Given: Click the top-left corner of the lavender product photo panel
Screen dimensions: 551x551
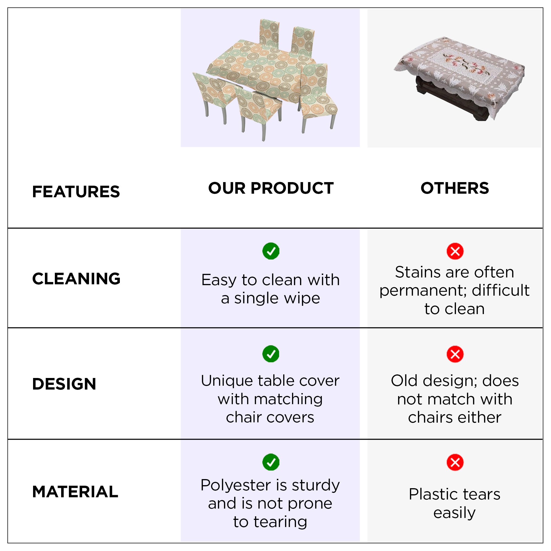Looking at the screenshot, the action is [181, 9].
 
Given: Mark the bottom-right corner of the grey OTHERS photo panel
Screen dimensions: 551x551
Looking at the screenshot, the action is [543, 147].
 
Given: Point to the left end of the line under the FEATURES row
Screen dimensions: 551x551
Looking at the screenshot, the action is [8, 228].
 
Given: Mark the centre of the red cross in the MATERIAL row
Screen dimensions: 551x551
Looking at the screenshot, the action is [455, 462].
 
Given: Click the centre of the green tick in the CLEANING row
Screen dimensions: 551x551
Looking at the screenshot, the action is [271, 251].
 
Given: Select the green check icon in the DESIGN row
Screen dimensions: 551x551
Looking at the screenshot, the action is [271, 354].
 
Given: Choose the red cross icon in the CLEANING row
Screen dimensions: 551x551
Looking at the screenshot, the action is [455, 251].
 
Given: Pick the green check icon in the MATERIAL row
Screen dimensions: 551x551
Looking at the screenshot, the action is [271, 462].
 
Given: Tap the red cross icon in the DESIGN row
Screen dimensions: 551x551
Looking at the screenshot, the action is [455, 354].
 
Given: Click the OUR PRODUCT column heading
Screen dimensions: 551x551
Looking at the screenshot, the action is [271, 188].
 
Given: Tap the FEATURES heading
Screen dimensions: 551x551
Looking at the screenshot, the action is [76, 192].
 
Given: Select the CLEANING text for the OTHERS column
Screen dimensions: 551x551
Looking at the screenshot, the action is [455, 291].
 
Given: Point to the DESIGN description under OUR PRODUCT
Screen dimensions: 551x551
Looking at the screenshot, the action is [270, 399].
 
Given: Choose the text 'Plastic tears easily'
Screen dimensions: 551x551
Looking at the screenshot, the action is [455, 503].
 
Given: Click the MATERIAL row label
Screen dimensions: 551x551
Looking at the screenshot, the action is [75, 492].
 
